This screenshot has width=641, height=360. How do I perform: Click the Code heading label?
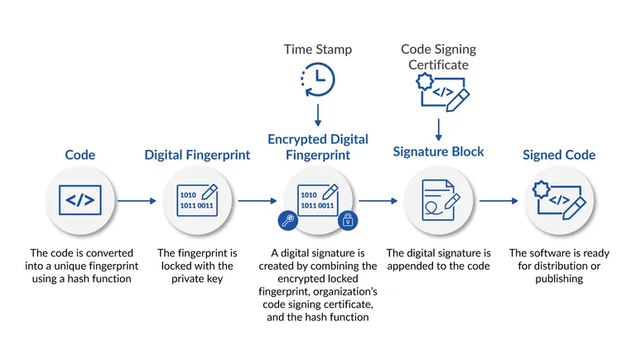[80, 155]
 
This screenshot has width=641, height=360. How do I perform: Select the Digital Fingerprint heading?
[197, 155]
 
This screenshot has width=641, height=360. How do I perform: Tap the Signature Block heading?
[437, 151]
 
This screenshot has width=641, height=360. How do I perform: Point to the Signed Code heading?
[558, 155]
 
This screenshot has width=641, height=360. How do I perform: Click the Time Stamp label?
[318, 50]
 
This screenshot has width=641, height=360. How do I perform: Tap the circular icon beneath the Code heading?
[80, 200]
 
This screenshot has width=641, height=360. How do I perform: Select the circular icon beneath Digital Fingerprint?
[197, 200]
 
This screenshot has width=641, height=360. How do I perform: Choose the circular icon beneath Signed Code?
[559, 200]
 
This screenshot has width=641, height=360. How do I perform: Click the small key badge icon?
[287, 219]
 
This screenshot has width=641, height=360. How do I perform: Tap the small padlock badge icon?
[348, 219]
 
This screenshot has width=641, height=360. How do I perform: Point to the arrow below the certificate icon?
[439, 130]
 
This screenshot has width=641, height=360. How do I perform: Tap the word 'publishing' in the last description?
[558, 278]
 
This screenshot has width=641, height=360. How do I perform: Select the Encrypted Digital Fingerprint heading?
[318, 147]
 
